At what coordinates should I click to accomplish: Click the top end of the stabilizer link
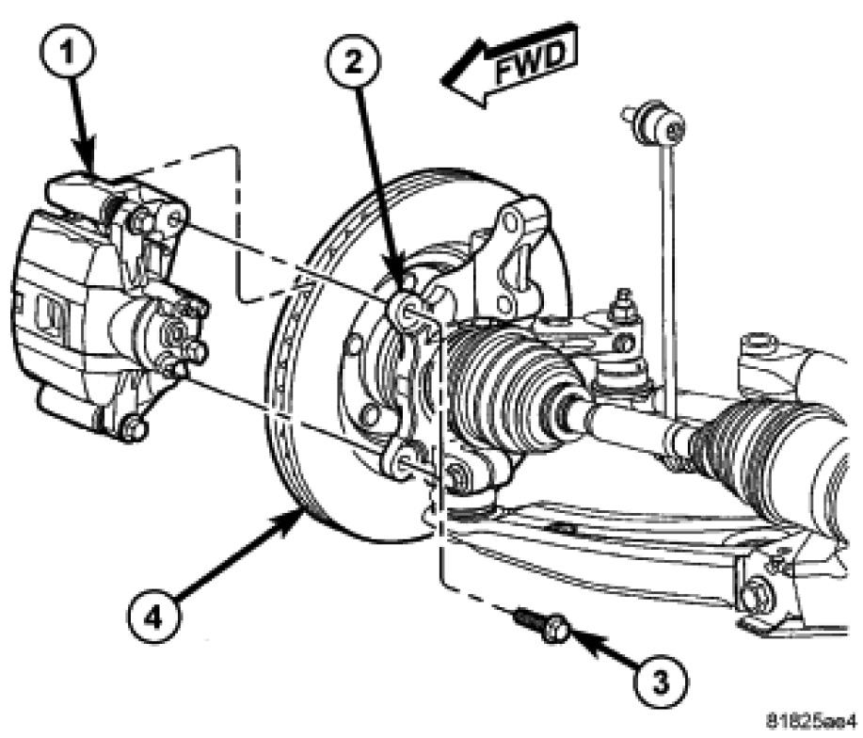(x=648, y=119)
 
